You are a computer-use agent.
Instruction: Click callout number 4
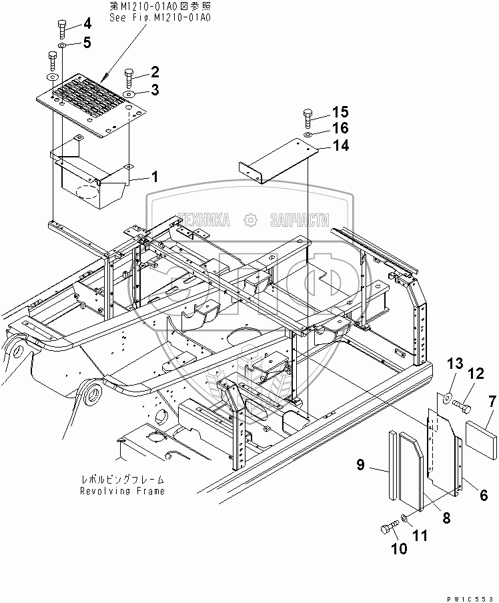87,25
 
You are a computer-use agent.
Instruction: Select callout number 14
340,145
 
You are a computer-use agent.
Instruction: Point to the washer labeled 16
308,135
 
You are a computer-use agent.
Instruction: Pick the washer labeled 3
129,94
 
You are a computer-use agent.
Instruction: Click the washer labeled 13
444,400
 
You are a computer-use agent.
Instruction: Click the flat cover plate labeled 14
277,161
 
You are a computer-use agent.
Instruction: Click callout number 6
483,495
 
